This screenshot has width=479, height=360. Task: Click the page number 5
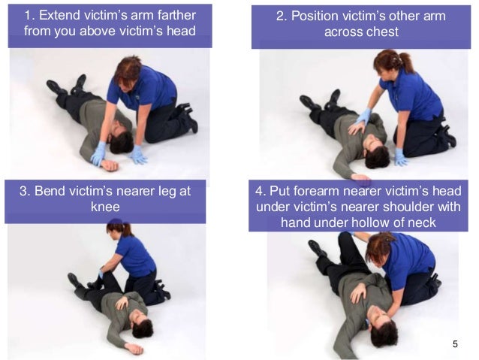455,343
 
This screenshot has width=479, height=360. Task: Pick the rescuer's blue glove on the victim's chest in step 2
363,119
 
